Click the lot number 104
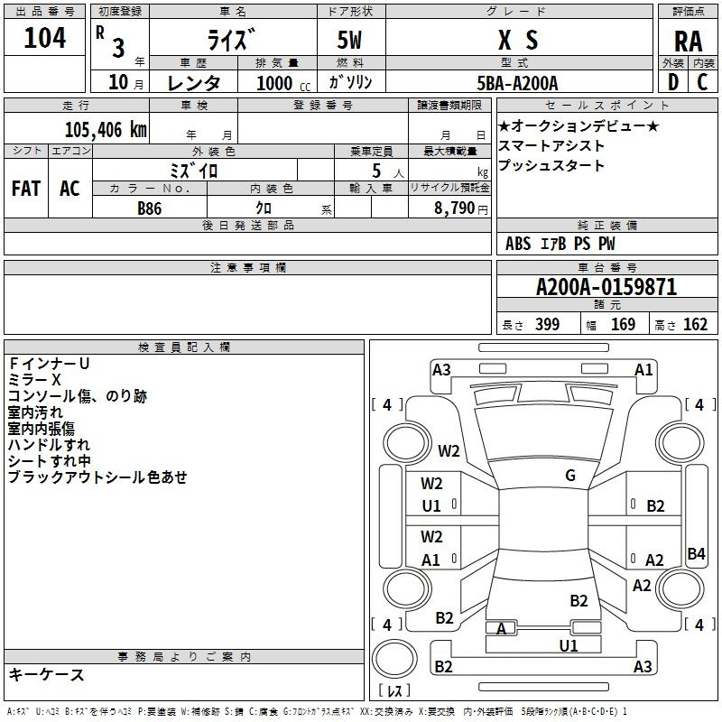tap(45, 38)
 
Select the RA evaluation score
tap(688, 41)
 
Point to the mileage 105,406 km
tap(106, 130)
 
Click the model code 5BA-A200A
tap(517, 82)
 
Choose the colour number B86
tap(151, 208)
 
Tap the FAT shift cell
tap(26, 189)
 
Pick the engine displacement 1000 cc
tap(276, 83)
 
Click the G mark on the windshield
tap(569, 476)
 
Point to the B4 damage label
tap(696, 554)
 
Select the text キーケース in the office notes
tap(47, 674)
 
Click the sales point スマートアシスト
tap(551, 145)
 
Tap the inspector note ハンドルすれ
tap(49, 445)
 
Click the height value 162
tap(695, 325)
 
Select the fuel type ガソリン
tap(351, 82)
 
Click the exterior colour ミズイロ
tap(194, 169)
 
